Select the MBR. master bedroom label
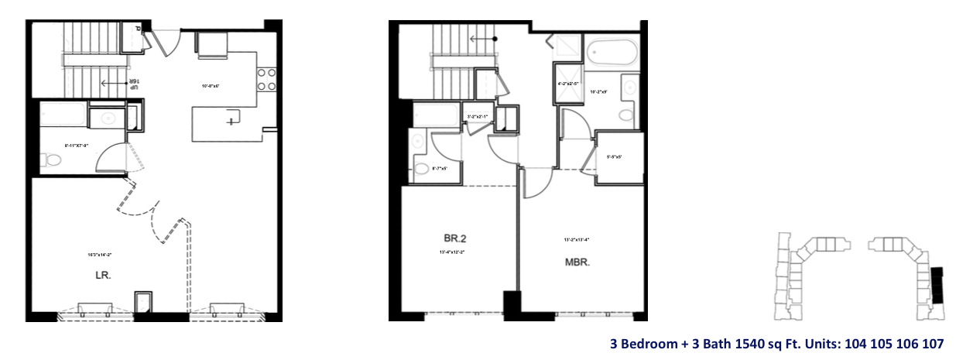(577, 262)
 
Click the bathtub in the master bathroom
(612, 55)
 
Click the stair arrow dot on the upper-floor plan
(495, 38)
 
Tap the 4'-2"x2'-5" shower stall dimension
(568, 83)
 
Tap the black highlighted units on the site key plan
(937, 284)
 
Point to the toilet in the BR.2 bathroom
(422, 169)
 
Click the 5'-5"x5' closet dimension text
(615, 157)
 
